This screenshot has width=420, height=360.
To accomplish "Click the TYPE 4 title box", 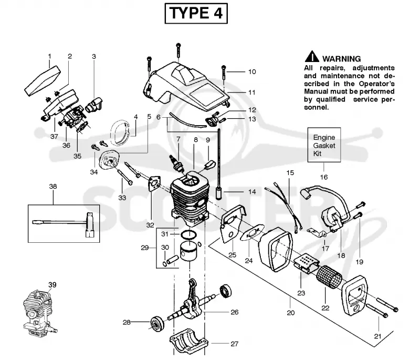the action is click(x=196, y=14).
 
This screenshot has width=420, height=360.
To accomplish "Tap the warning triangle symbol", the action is click(x=311, y=57).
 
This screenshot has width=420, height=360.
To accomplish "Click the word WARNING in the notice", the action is click(x=342, y=59).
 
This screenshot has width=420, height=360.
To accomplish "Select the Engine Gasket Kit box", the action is click(x=324, y=145).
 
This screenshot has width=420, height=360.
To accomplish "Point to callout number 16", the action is click(x=324, y=177).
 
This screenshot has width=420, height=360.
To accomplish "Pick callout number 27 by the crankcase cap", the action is click(x=234, y=344).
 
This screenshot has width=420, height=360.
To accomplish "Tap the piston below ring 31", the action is click(x=190, y=251).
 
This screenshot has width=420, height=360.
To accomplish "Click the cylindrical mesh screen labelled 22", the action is click(x=329, y=277).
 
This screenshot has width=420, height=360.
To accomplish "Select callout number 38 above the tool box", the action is click(x=53, y=186).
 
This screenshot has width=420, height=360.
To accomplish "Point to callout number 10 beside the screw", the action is click(x=252, y=72).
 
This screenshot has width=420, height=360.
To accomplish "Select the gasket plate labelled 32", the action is click(x=154, y=184).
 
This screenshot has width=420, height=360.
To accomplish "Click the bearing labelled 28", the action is click(x=157, y=324).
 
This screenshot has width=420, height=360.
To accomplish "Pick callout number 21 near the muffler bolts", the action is click(x=377, y=336).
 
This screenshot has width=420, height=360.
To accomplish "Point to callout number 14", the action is click(x=252, y=192).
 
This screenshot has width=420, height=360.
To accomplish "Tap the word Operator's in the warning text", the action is click(x=377, y=84).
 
